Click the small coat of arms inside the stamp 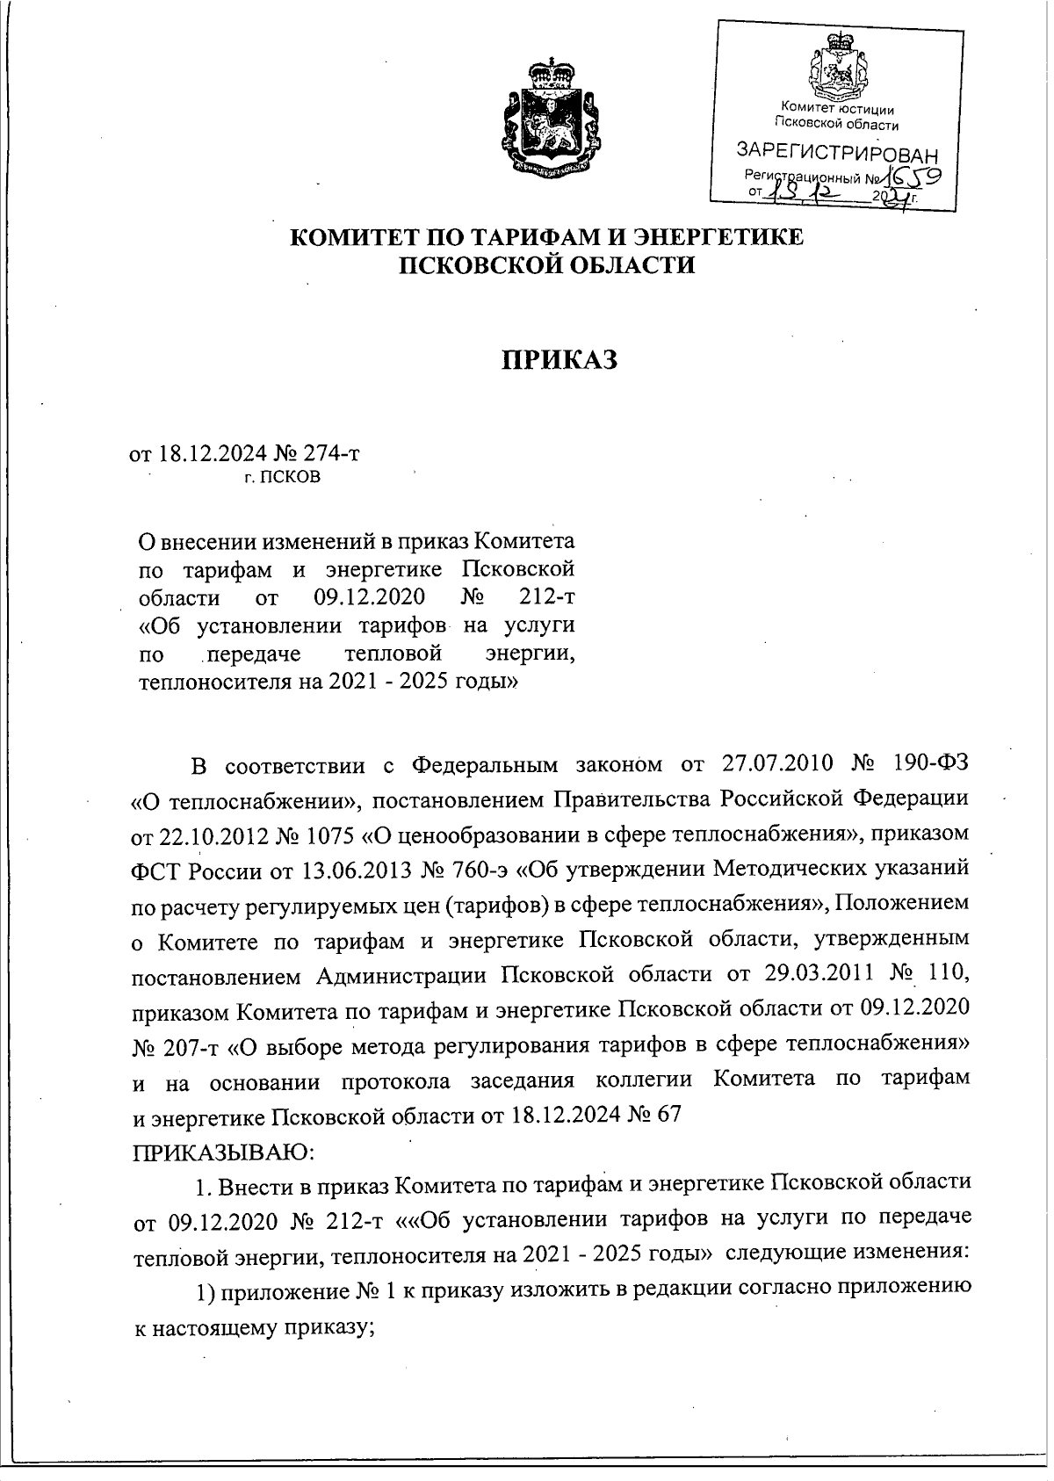(838, 66)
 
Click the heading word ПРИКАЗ (559, 359)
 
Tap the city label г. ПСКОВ (282, 479)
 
